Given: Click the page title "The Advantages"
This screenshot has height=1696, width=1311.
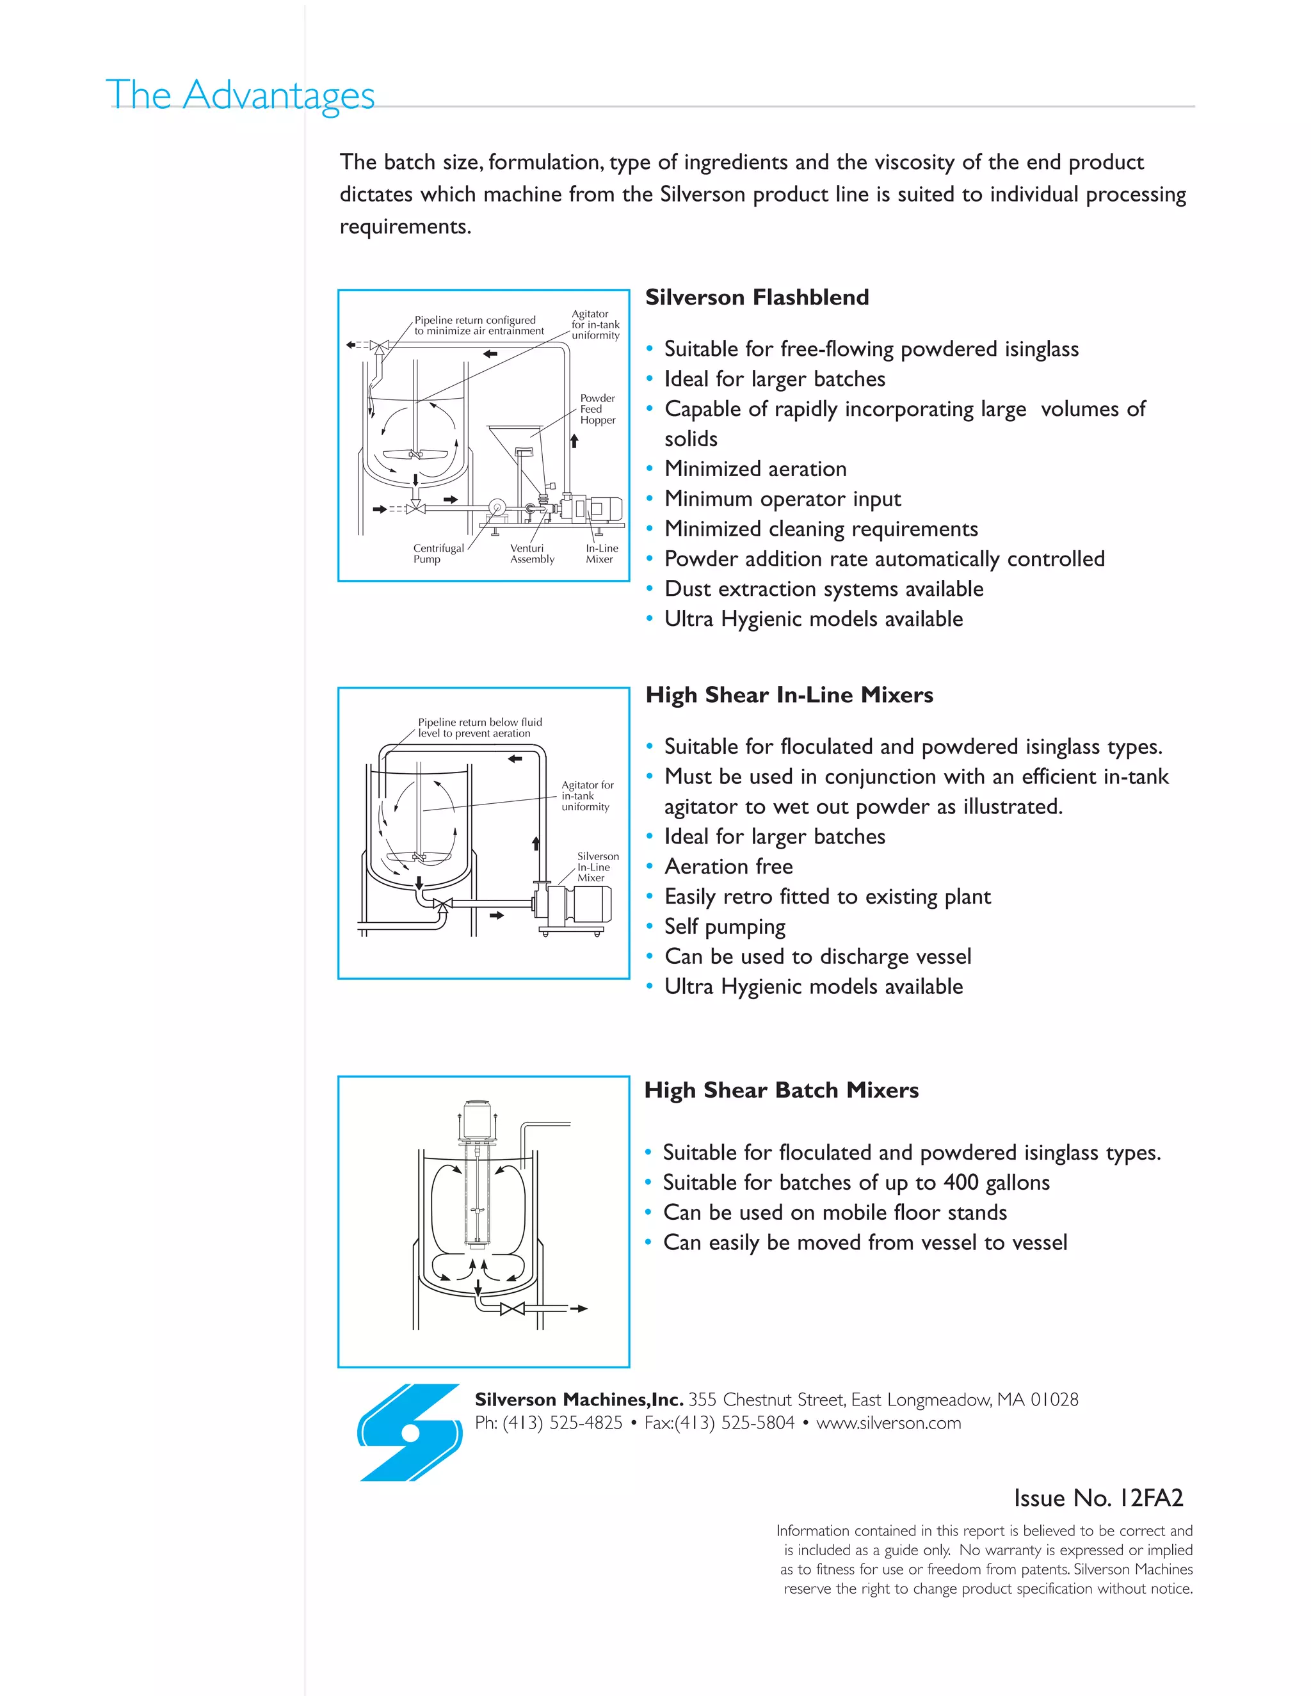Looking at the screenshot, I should tap(240, 95).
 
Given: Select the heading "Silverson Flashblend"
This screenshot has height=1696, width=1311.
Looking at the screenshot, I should tap(757, 298).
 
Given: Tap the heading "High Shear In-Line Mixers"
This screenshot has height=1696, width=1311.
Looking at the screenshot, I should tap(789, 695).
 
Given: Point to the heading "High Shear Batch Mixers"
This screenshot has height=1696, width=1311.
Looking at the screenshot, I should tap(782, 1091).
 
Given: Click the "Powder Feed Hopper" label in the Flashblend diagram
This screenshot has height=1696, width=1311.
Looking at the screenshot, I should tap(597, 409).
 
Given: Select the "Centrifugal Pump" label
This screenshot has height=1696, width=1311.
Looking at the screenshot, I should tap(437, 554).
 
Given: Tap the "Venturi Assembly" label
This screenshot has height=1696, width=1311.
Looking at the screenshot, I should tap(532, 554).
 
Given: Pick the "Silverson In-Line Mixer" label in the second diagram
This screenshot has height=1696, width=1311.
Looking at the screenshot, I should tap(597, 867).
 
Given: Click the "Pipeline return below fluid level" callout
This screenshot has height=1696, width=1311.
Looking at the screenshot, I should tap(479, 728).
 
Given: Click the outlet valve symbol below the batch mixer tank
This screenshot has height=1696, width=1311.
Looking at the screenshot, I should tap(512, 1309).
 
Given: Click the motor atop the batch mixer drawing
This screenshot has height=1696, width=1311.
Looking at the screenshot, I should tap(476, 1118).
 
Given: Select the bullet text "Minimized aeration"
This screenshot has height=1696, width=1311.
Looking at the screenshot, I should tap(755, 469).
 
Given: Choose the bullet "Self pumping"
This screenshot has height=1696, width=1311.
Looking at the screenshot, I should tap(725, 927).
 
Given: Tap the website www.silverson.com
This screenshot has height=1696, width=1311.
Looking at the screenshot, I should tap(889, 1423).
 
